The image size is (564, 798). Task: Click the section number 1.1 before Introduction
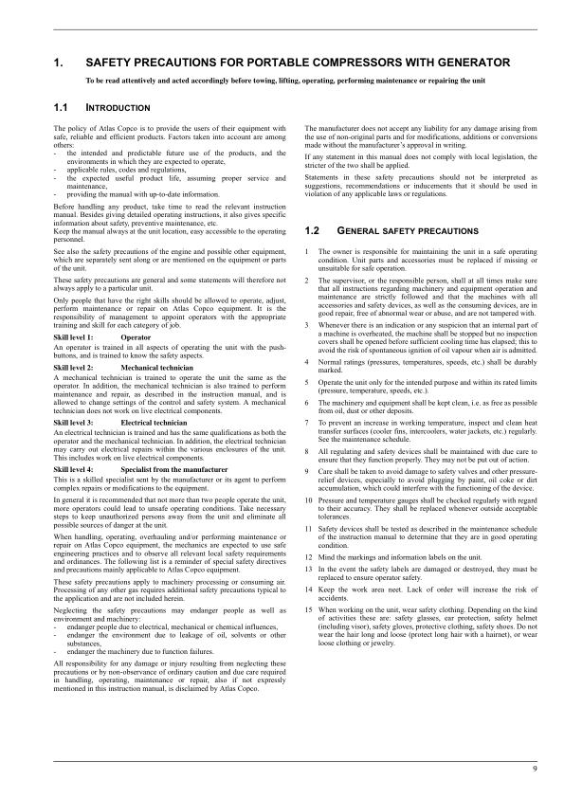[x=62, y=109]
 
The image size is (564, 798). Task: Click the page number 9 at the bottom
[x=535, y=768]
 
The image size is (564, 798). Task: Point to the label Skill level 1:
[x=74, y=336]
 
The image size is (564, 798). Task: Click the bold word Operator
[x=136, y=336]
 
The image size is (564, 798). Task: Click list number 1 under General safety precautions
[x=307, y=250]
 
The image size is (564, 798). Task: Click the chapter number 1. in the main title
[x=60, y=63]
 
